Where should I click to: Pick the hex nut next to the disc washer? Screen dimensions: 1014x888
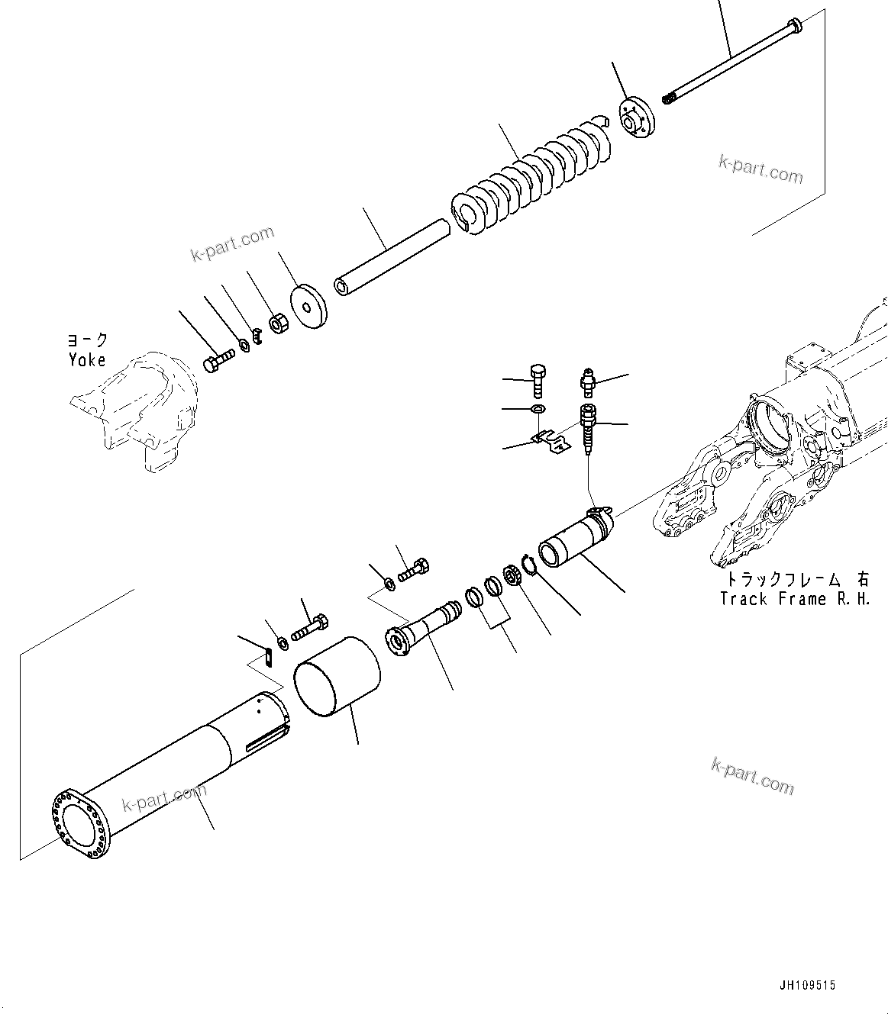[279, 323]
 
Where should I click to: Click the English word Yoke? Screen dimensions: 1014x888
[86, 360]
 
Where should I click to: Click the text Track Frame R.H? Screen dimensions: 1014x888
[794, 599]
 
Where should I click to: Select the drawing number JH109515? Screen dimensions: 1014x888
[807, 985]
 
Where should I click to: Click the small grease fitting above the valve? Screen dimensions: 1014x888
[586, 380]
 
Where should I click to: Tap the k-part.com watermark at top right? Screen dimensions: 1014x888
[760, 170]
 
